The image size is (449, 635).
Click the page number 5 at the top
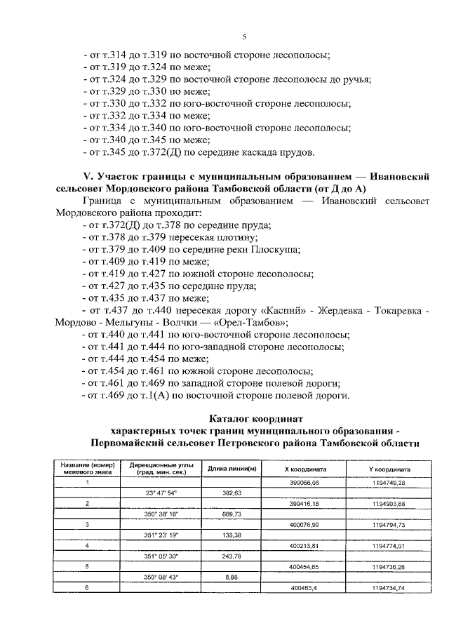pyautogui.click(x=243, y=36)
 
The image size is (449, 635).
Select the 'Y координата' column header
pyautogui.click(x=389, y=469)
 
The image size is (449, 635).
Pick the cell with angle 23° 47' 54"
pyautogui.click(x=161, y=493)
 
